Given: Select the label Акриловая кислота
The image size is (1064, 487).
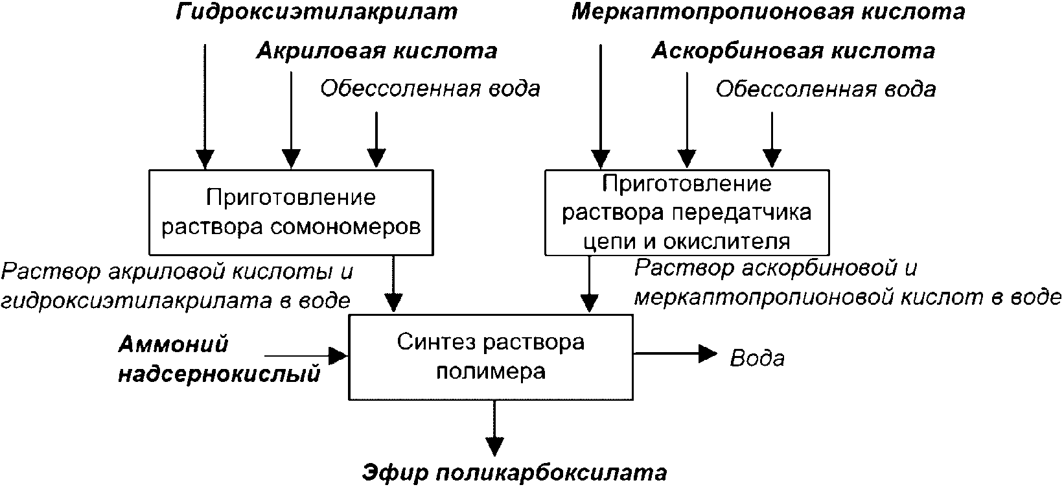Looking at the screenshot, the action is pos(376,51).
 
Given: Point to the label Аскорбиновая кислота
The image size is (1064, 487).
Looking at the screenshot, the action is pos(793,51).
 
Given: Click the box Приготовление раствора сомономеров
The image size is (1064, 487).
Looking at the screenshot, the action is pos(291,213).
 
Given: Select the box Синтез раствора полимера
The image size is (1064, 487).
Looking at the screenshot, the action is pos(491,357).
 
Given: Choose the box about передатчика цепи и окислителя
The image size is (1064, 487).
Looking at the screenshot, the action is pos(687,213).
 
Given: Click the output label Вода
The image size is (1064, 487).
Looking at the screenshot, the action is pos(757,358).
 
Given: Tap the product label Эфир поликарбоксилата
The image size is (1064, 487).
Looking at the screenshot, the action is pos(515,473).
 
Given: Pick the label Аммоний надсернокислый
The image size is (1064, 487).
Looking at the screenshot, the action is pos(219,359).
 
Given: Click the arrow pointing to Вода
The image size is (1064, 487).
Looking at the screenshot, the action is pos(675,353).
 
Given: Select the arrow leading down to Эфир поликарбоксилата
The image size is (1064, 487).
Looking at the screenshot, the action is pos(494,428).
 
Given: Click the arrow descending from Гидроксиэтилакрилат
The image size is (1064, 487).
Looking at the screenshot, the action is pos(205,106).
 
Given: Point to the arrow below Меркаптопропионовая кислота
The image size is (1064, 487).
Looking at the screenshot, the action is pos(601,106).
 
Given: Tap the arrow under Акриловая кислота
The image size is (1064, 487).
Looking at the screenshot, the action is pos(291,120).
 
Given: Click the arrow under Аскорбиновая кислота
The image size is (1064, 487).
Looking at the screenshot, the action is pos(687,120).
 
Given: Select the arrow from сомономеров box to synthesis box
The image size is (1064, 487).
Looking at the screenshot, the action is pos(393,283).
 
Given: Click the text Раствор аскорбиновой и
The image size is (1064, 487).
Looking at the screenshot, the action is pos(776,269).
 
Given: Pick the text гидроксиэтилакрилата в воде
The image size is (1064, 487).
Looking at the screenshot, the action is pos(176,300).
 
